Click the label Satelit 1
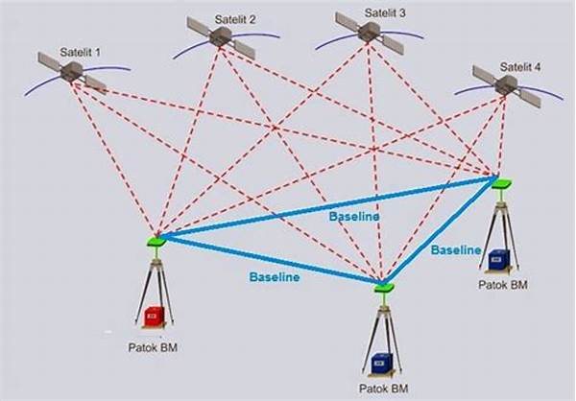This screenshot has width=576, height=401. [80, 52]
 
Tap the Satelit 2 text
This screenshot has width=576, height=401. [235, 19]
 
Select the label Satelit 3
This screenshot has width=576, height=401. [385, 12]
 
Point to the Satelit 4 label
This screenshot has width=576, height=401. [520, 67]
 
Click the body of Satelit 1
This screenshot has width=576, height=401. [72, 72]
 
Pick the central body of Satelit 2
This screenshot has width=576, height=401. [221, 36]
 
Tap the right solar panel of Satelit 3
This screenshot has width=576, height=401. [393, 44]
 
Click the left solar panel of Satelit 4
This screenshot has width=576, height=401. [484, 75]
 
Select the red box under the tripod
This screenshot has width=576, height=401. [154, 316]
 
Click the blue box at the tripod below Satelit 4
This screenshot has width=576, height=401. [497, 260]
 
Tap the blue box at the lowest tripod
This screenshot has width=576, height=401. [382, 363]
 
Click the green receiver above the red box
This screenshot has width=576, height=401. [156, 241]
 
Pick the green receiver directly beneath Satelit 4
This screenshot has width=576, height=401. [502, 183]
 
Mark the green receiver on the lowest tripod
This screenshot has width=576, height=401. [384, 288]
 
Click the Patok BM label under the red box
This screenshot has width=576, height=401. [153, 347]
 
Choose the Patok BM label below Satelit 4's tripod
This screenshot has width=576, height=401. [503, 285]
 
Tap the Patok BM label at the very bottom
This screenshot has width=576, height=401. [383, 388]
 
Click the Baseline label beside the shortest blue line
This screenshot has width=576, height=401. [456, 250]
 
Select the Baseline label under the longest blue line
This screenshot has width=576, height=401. [354, 216]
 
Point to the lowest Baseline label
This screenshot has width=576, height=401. [275, 277]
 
